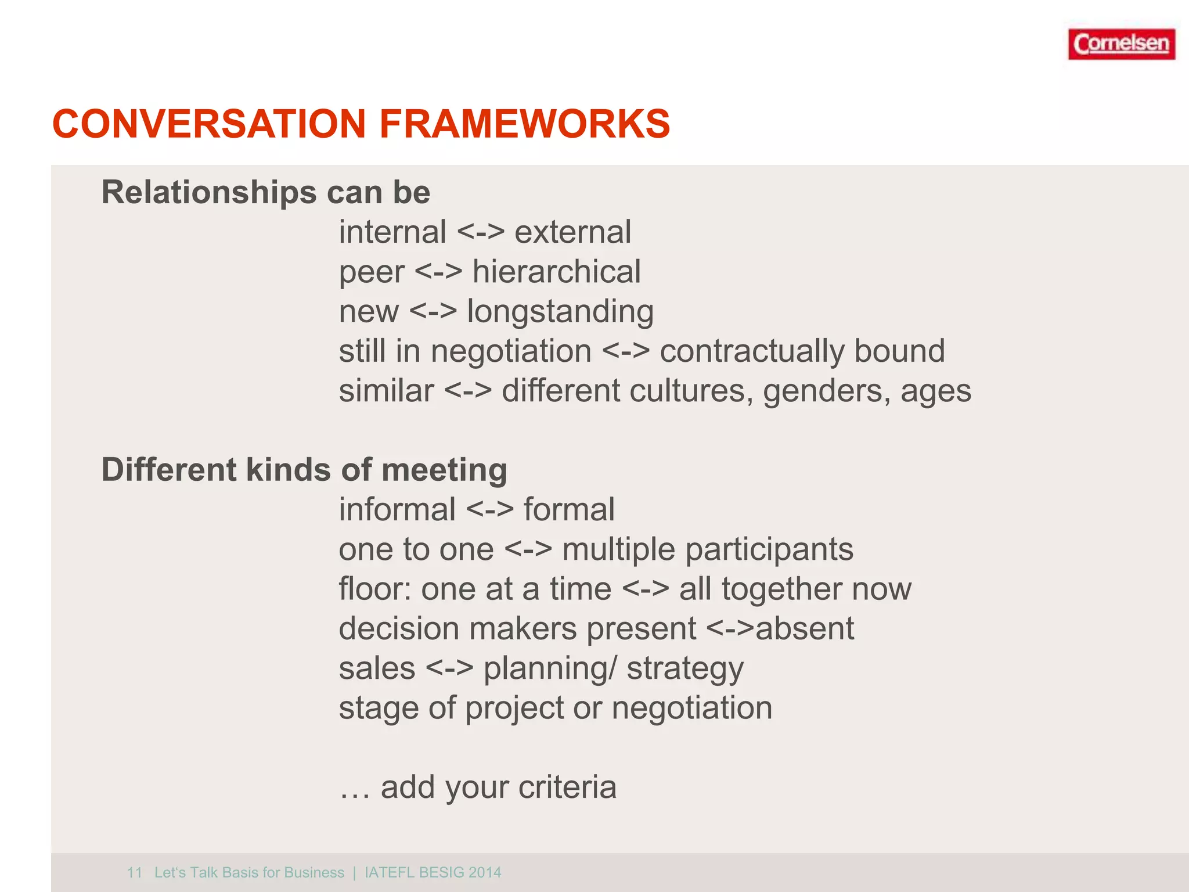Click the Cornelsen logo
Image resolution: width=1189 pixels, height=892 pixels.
pos(1121,44)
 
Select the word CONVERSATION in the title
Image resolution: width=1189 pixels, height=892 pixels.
pos(209,124)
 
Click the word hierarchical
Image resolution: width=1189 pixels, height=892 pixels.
pos(556,272)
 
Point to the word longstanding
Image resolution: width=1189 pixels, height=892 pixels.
pos(560,312)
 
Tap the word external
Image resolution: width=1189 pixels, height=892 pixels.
pos(572,232)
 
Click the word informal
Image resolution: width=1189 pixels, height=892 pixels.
pos(397,510)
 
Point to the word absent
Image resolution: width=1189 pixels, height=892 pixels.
pos(805,629)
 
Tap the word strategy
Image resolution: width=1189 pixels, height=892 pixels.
pos(685,669)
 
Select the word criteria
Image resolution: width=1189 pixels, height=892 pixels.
pos(567,787)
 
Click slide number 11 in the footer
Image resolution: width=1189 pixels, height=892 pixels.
pos(135,872)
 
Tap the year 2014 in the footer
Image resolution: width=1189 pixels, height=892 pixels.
pos(485,872)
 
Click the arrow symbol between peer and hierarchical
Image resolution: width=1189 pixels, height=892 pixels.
pos(439,272)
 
